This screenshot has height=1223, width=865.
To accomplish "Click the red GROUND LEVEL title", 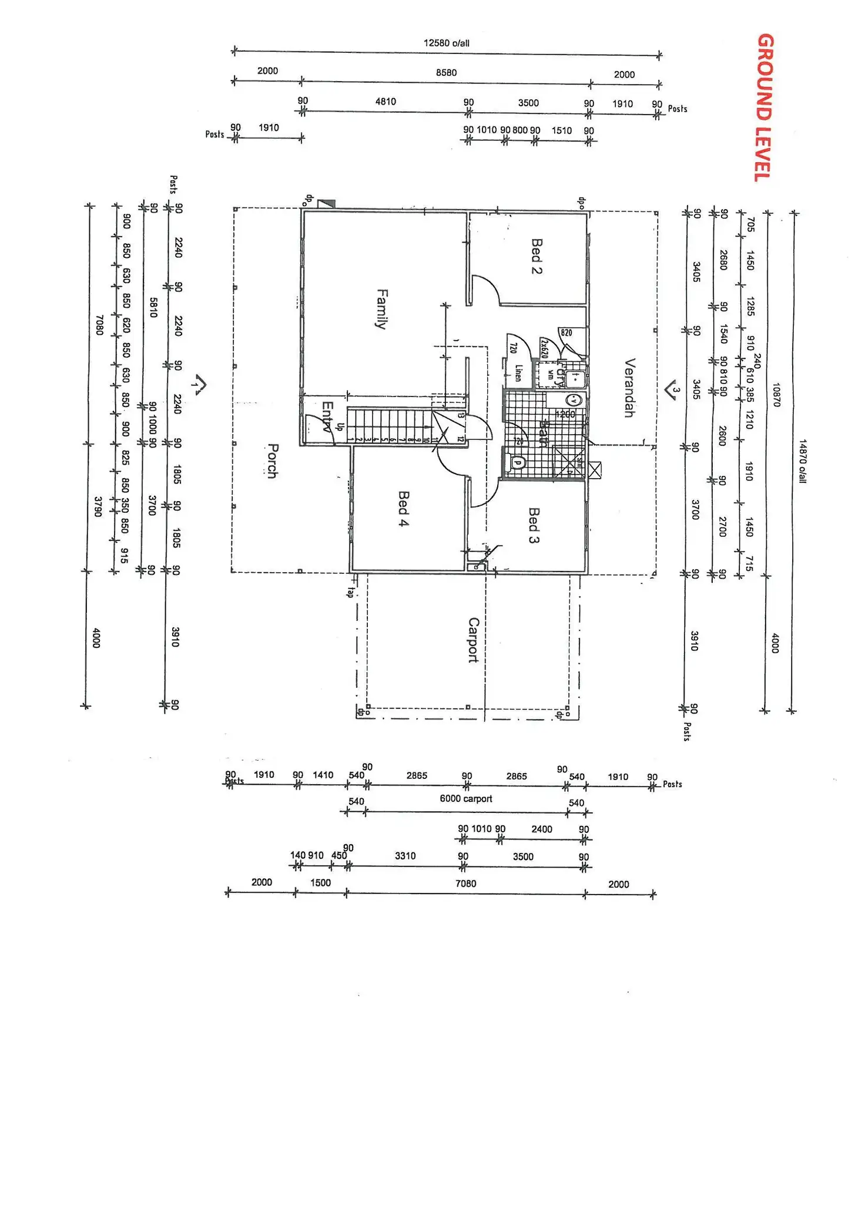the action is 765,107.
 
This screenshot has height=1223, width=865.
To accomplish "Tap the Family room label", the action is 382,308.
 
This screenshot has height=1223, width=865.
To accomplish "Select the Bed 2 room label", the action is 536,256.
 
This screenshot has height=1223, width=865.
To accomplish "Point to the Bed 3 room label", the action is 534,525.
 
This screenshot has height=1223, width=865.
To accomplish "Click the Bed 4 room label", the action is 403,509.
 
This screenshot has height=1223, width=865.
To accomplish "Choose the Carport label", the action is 473,640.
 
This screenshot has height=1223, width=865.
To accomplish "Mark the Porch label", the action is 272,461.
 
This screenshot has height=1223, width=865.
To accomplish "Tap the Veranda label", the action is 629,388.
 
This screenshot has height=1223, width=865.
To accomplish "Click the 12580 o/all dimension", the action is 447,43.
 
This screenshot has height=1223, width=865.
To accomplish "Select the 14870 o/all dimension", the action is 803,461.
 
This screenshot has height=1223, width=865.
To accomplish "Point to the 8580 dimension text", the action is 447,72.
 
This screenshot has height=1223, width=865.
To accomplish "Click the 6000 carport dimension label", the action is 466,798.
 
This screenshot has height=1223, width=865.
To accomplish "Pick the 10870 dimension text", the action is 776,395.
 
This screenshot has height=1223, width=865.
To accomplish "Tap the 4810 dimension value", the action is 385,101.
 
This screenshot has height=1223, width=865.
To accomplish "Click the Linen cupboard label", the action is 518,373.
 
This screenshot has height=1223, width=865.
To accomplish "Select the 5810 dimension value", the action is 153,307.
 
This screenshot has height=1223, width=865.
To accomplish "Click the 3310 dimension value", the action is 405,856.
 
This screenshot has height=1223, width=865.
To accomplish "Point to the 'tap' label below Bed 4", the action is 350,592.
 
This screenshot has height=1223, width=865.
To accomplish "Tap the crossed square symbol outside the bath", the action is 595,469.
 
